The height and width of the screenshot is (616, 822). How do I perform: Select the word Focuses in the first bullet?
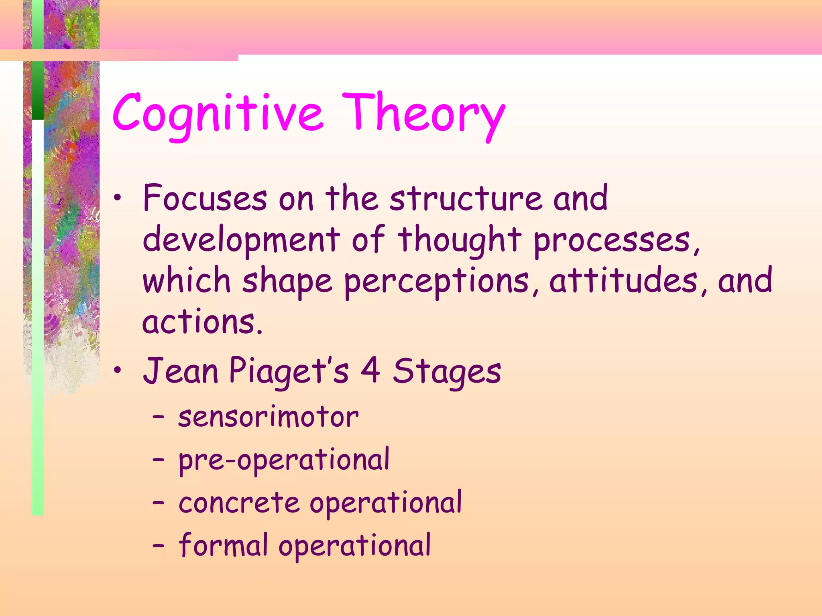click(x=205, y=198)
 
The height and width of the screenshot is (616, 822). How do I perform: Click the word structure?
click(x=466, y=198)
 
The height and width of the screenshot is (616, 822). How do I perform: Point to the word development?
click(x=241, y=240)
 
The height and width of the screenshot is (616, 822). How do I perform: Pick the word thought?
click(x=460, y=240)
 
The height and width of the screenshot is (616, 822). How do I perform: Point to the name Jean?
click(x=181, y=371)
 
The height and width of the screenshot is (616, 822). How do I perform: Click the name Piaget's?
click(x=289, y=371)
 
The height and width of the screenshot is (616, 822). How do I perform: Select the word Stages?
click(x=447, y=371)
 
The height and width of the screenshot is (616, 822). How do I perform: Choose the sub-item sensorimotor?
click(x=268, y=417)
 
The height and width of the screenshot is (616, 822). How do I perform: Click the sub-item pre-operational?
click(x=284, y=460)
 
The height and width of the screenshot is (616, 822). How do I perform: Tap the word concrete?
click(x=239, y=503)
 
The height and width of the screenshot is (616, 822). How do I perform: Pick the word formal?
click(x=223, y=545)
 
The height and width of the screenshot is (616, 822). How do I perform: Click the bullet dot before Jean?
click(x=117, y=371)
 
